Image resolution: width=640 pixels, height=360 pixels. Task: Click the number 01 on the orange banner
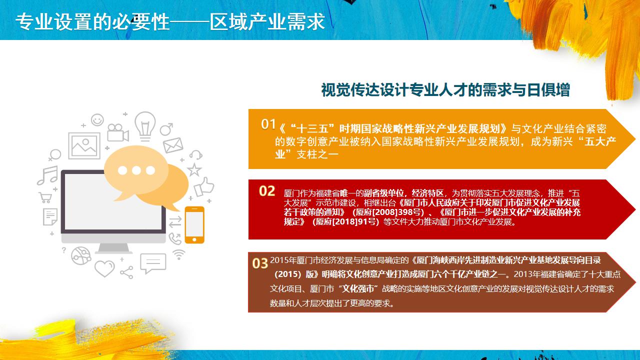pos(268,124)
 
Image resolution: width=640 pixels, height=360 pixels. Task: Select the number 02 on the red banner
pos(267,191)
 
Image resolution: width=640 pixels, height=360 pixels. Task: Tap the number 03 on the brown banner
pos(260,263)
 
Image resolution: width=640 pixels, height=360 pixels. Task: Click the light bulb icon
pos(145,126)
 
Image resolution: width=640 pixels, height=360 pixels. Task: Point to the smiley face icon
pos(97,119)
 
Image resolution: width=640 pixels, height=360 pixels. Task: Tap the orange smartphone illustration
pos(194,225)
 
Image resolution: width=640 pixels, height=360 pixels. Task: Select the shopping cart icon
pos(45,197)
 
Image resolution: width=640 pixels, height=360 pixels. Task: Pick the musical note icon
pos(47,175)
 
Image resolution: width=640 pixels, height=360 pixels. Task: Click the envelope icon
pos(173,145)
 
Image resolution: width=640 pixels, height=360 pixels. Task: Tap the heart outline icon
pos(104,268)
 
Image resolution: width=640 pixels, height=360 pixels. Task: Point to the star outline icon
pos(194,169)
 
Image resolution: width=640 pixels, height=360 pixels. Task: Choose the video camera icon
pos(117,133)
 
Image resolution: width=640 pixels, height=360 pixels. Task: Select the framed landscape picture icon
pos(84,145)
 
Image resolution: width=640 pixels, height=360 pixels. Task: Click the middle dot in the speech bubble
pos(136,170)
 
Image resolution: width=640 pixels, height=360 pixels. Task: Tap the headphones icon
pos(196,155)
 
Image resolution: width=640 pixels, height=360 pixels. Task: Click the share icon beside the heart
pos(127,272)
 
